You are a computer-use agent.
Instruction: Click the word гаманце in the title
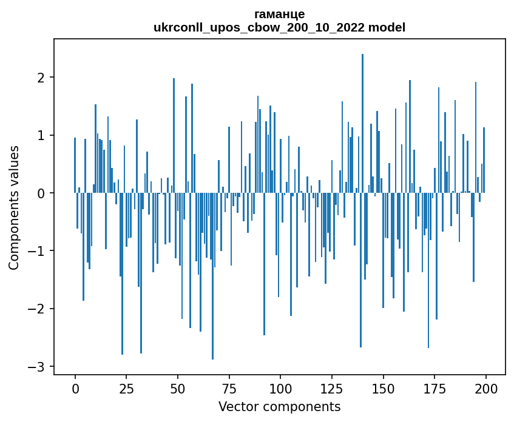point(279,14)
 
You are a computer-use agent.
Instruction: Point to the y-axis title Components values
point(14,207)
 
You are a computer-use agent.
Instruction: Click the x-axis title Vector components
point(279,406)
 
